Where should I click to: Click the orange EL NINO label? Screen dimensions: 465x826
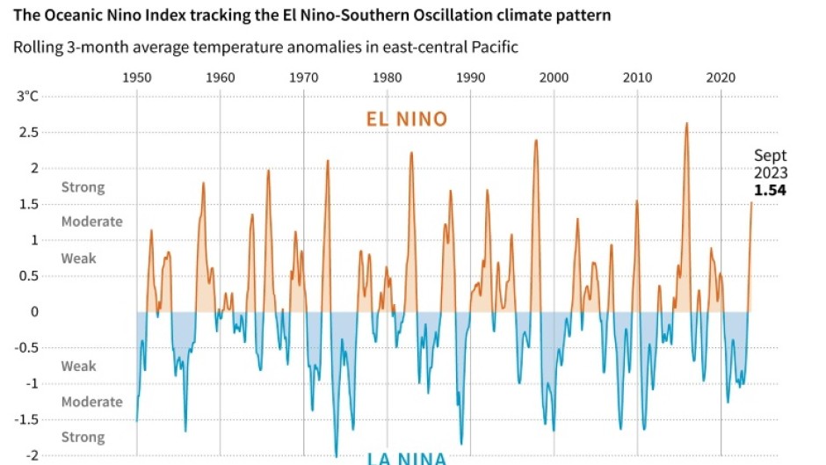pos(407,120)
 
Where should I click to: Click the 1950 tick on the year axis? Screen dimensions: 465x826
pos(136,76)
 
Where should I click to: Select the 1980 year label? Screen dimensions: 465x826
pos(388,76)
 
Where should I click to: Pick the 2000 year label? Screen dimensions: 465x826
pos(554,76)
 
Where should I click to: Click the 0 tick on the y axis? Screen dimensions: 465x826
pos(35,311)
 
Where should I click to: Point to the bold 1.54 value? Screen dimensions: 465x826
pos(770,189)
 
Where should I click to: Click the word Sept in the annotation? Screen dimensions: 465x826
pos(771,156)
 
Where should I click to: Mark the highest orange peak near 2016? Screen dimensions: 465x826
pos(686,124)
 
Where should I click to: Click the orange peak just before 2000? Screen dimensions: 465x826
pos(535,141)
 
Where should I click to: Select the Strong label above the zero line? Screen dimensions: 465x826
pos(83,187)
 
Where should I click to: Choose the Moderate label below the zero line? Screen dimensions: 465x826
pos(91,402)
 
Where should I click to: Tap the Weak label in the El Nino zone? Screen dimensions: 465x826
pos(78,258)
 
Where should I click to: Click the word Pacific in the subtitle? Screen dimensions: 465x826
pos(494,47)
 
